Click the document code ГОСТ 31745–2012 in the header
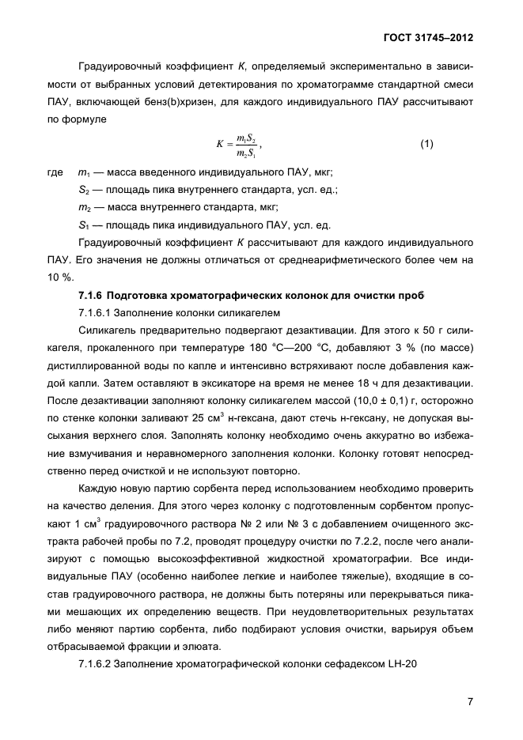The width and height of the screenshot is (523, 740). coord(427,37)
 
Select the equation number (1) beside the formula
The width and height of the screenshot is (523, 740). coord(426,144)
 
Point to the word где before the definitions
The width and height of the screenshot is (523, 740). coord(57,172)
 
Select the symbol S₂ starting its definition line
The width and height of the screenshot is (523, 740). coord(84,190)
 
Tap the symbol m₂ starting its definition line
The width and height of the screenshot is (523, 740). coord(85,207)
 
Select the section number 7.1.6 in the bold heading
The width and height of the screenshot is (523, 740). coord(93,295)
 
